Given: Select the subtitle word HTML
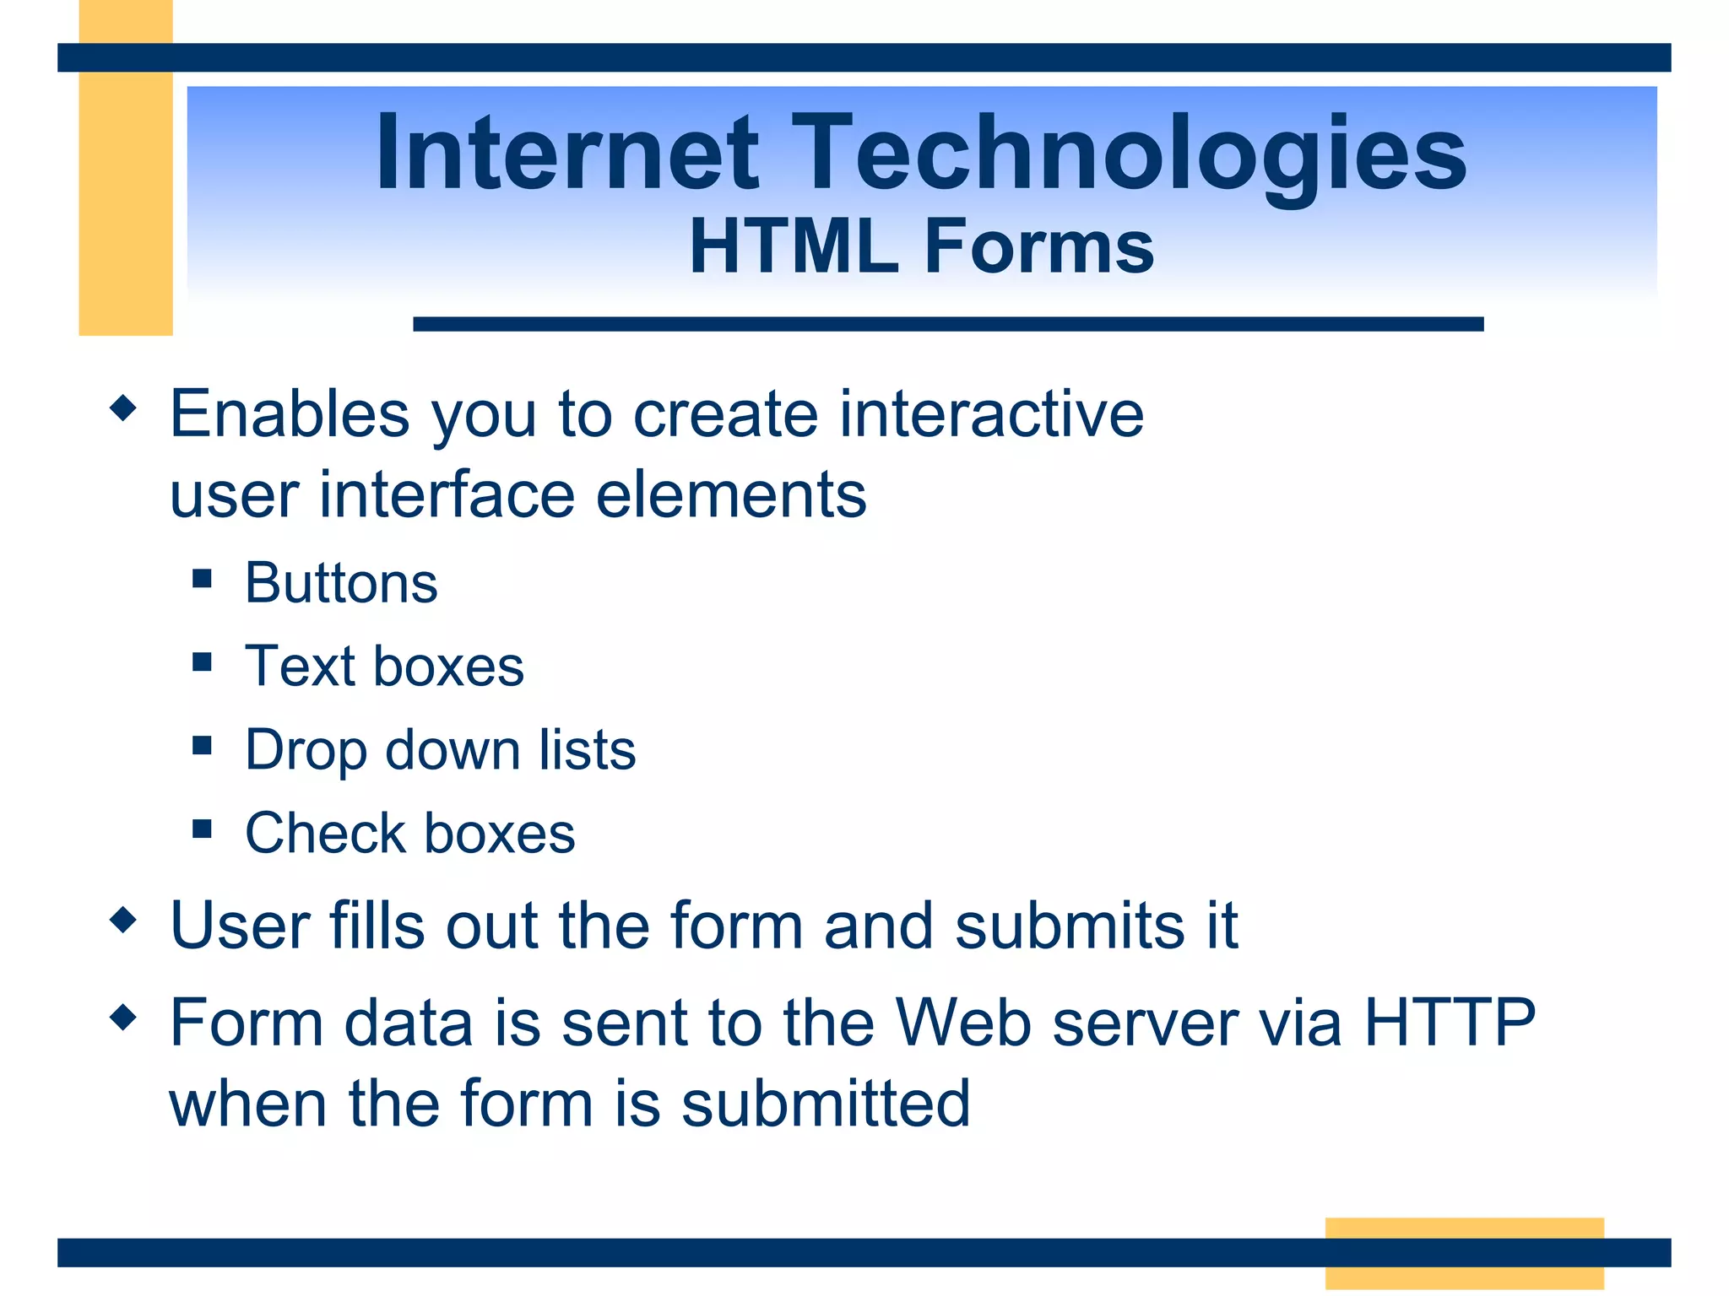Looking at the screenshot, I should [794, 246].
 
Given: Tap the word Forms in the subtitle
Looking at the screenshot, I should [1039, 246].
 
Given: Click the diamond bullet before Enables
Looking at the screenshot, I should [123, 408].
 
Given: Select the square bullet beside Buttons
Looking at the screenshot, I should [202, 579].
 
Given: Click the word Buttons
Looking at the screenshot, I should [341, 583].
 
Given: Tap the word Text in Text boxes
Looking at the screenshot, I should [300, 667].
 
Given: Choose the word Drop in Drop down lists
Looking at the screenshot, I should [306, 751].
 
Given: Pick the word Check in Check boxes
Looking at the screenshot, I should [325, 834].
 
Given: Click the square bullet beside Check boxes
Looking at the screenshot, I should [202, 829].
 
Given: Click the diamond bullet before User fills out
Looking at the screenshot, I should [123, 920].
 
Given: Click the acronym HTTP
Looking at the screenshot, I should [1449, 1023].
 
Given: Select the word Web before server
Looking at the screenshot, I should [963, 1023].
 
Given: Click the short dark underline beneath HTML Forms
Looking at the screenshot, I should [947, 324].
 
